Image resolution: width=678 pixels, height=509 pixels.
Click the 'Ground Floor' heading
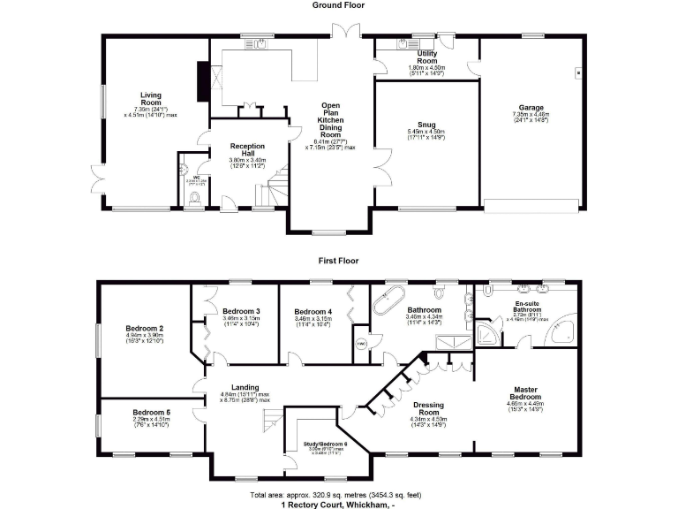pos(338,5)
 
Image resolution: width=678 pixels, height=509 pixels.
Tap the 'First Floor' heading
pos(338,261)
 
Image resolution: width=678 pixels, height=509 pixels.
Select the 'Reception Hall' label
pos(249,147)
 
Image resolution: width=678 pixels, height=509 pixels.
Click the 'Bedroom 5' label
pos(152,413)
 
